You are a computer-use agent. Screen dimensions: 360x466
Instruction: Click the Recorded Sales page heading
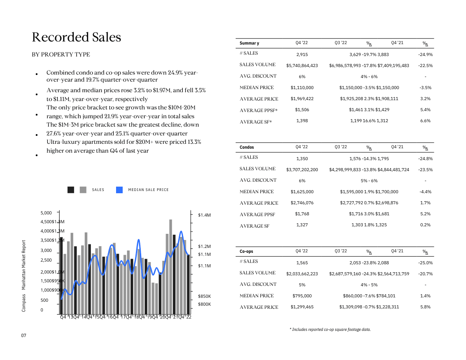76,37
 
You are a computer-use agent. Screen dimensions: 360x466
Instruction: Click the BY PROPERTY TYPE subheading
61,55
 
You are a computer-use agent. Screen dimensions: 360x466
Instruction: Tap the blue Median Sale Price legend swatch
119,190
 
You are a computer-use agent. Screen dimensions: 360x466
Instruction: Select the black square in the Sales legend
71,190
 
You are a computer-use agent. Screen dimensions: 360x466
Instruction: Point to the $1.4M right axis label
204,215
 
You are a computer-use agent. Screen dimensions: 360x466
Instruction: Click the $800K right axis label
204,304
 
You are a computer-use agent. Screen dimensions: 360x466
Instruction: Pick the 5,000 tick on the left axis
46,213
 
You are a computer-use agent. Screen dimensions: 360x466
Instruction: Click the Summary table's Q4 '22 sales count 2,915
302,54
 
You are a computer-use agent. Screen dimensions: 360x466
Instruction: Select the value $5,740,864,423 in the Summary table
302,66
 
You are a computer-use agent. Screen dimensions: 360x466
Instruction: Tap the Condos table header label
247,147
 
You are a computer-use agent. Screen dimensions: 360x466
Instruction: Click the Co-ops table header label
247,251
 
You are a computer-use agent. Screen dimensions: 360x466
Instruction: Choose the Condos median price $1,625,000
302,192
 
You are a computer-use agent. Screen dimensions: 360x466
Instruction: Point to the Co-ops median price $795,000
302,296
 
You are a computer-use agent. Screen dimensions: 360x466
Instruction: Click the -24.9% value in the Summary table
425,55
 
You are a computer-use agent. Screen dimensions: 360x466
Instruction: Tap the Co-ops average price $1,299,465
302,307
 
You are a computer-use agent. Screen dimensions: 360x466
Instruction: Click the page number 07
24,336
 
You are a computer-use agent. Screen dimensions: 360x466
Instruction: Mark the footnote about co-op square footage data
330,330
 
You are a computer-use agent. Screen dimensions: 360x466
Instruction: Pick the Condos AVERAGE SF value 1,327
302,225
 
